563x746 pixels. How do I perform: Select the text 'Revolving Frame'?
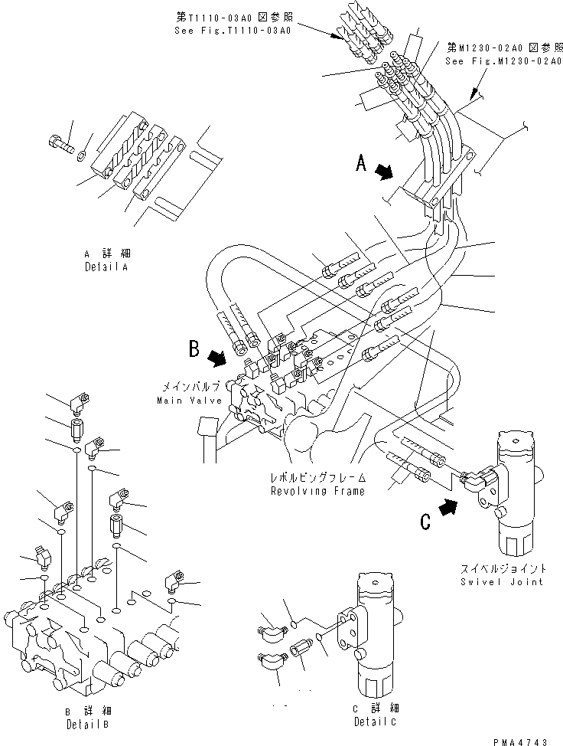(316, 491)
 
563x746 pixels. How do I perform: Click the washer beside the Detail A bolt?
(82, 158)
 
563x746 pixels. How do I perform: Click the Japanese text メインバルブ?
(191, 388)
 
